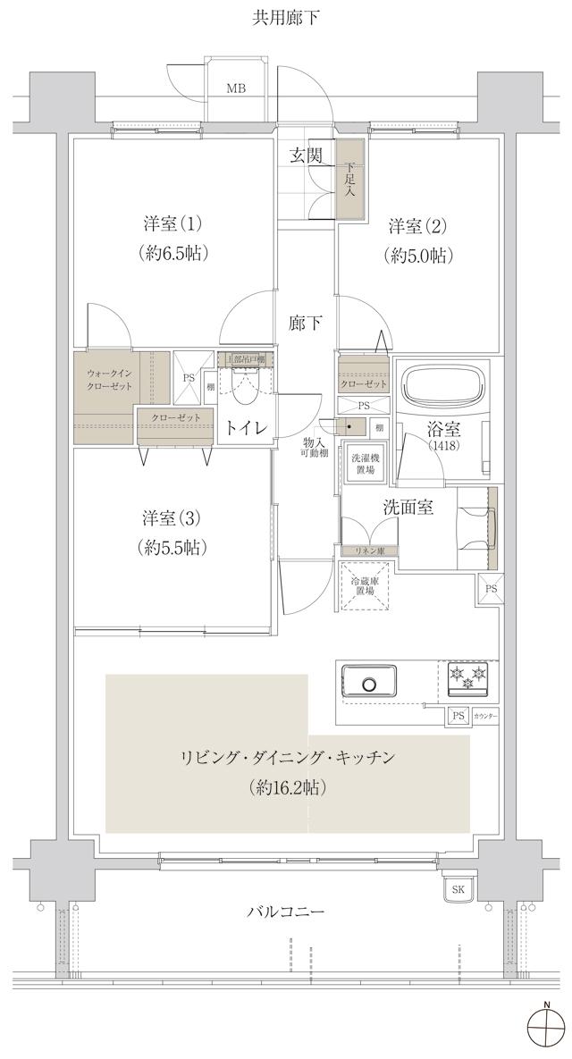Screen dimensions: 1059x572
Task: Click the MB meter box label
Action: click(x=235, y=88)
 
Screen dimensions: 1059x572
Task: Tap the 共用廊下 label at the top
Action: click(x=286, y=17)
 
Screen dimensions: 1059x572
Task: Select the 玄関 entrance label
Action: click(x=305, y=155)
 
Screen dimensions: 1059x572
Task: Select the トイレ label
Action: click(x=246, y=428)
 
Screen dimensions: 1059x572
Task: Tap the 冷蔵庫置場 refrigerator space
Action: click(x=366, y=585)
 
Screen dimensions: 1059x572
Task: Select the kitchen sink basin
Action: click(x=371, y=684)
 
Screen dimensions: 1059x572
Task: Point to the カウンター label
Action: click(x=485, y=717)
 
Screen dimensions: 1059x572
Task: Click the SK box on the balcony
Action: click(x=458, y=889)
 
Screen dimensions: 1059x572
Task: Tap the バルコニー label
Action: click(x=286, y=912)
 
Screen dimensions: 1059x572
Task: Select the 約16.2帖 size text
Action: click(x=287, y=788)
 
